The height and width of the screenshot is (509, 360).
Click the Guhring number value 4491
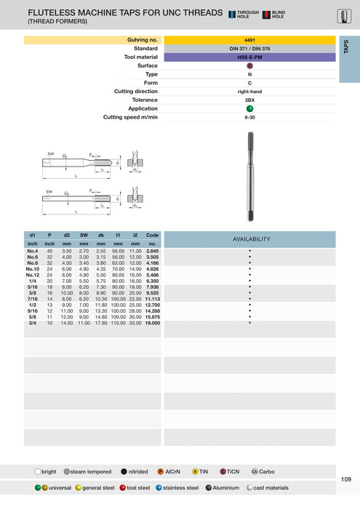point(249,39)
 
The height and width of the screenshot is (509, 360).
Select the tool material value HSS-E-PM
point(249,57)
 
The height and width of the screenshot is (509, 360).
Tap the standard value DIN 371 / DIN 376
point(249,48)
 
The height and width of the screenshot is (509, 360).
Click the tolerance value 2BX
point(249,100)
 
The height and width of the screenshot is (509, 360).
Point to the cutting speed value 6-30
point(249,117)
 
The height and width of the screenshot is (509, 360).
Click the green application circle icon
point(249,108)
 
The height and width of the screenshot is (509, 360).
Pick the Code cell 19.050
point(152,322)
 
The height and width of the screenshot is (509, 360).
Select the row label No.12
point(32,276)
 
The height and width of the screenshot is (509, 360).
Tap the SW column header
point(84,236)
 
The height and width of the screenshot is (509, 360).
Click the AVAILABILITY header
point(251,239)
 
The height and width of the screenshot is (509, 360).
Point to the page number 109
point(345,478)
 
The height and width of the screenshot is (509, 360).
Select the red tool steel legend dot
point(123,488)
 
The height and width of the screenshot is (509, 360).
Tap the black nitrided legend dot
point(125,471)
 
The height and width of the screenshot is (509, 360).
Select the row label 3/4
point(32,322)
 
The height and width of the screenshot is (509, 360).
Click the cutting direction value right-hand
point(249,91)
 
